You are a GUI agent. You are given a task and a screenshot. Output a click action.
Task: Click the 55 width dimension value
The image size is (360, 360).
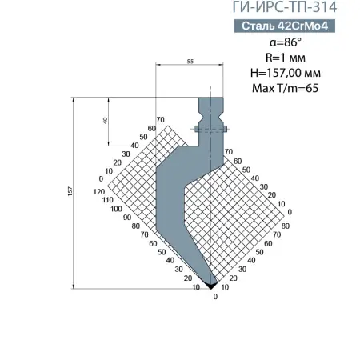(x=190, y=61)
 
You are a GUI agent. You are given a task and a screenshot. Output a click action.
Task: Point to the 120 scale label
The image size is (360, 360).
(x=99, y=193)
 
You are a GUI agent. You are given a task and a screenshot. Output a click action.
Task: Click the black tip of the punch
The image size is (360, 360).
(x=211, y=283)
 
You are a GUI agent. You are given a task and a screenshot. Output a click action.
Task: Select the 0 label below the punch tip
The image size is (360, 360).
(x=215, y=297)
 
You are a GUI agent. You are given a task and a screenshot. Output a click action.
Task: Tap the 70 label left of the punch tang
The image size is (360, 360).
(x=160, y=119)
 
